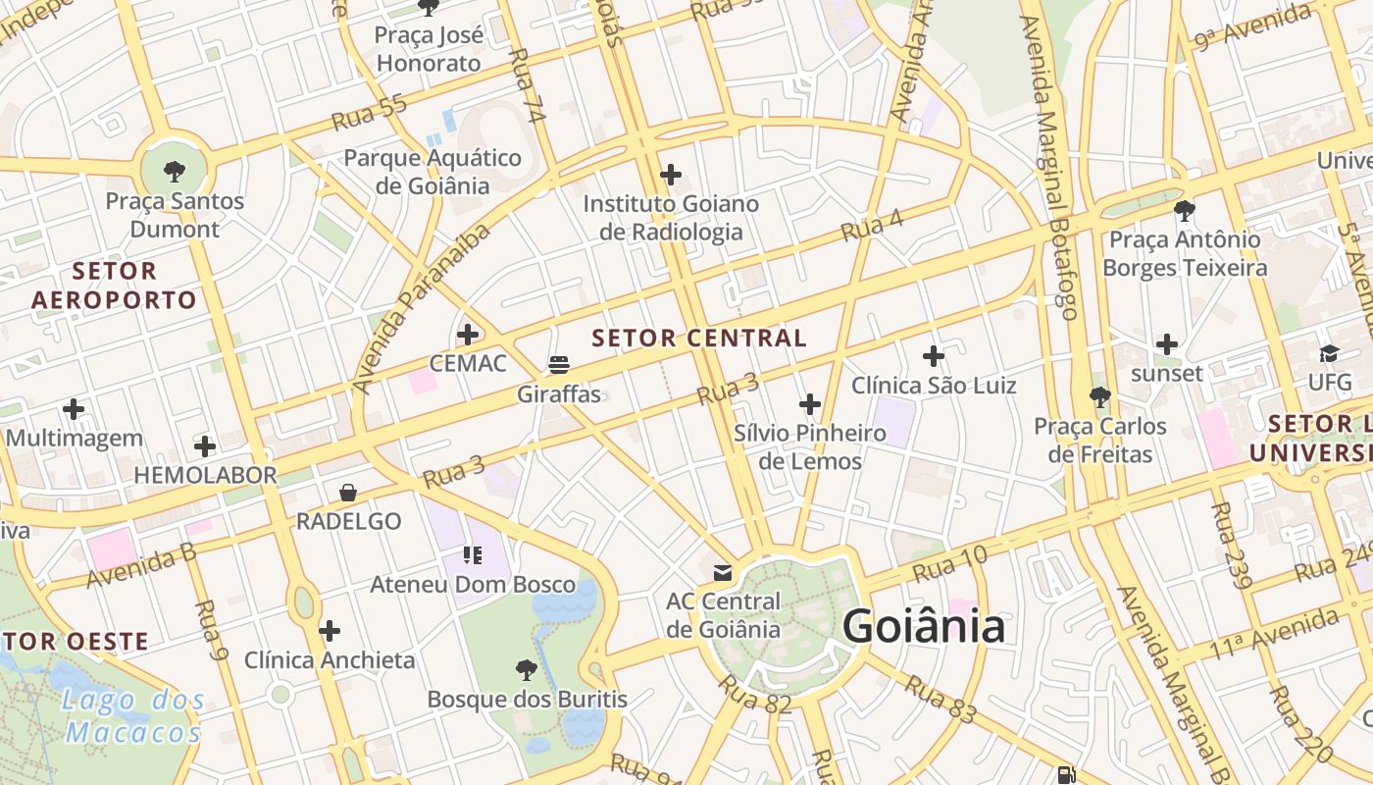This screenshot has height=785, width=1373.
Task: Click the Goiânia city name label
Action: tap(923, 626)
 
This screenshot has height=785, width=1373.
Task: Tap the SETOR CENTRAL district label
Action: tap(699, 339)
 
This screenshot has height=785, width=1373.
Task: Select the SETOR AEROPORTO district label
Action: tap(114, 286)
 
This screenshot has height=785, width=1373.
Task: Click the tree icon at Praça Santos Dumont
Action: tap(175, 172)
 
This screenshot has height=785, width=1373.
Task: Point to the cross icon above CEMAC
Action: tap(468, 335)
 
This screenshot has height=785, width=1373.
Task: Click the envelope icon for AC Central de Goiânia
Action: tap(723, 572)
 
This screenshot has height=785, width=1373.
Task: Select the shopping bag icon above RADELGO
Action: tap(348, 493)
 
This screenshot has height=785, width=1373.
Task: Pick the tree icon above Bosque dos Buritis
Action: tap(527, 670)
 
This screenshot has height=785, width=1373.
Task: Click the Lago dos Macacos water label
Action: tap(134, 716)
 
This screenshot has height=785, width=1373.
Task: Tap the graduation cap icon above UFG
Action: tap(1329, 353)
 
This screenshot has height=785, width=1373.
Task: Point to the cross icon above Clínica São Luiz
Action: tap(934, 355)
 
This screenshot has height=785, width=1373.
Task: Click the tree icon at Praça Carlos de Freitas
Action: tap(1100, 397)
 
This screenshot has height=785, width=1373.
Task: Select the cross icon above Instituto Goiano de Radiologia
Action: tap(671, 175)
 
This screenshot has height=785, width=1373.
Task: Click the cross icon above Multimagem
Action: tap(74, 408)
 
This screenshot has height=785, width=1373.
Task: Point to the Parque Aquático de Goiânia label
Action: tap(432, 172)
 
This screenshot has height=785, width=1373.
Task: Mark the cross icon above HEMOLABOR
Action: tap(205, 446)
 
